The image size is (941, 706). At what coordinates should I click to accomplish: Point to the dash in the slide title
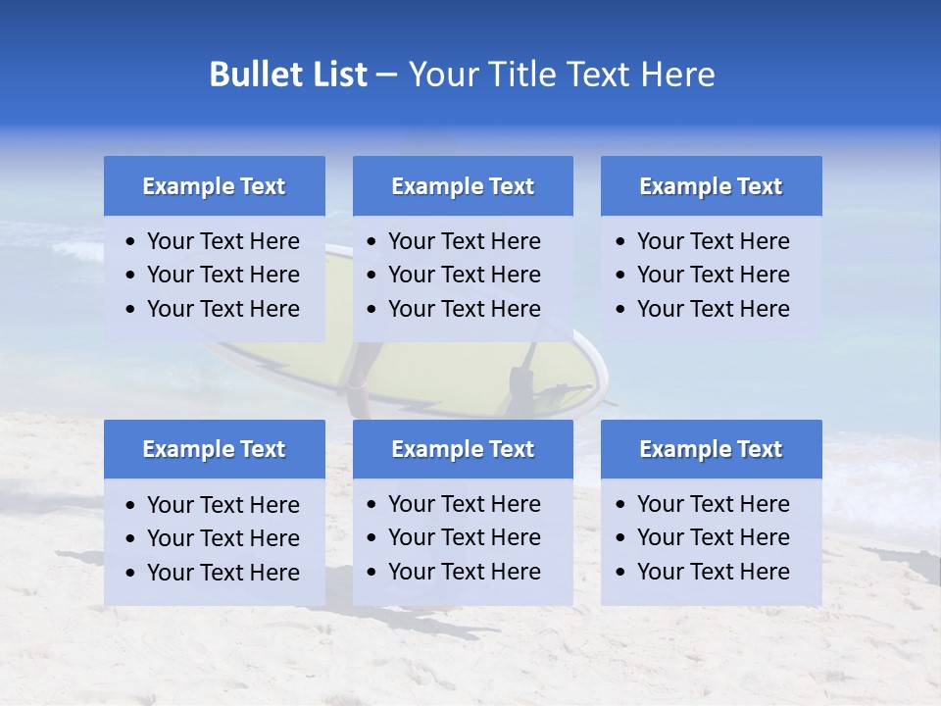(386, 75)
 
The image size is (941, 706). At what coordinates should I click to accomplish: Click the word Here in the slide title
(676, 75)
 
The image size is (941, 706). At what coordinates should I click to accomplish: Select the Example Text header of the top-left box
(214, 186)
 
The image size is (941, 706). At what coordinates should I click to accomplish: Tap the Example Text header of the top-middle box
(463, 186)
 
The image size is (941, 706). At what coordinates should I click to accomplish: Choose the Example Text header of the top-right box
(711, 186)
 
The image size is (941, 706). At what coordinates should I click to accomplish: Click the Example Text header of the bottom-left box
(214, 449)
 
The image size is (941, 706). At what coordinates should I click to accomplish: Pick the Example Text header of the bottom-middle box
(463, 449)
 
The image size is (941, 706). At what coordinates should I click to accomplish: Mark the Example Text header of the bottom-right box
(711, 449)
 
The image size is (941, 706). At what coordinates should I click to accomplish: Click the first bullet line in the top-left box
(223, 241)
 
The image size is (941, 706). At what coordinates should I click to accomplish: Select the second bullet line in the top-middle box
(464, 275)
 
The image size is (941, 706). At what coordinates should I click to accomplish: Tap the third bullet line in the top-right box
(713, 309)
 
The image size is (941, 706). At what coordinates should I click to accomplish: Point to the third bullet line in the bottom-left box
(223, 573)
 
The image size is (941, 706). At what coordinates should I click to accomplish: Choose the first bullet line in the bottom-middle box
(464, 504)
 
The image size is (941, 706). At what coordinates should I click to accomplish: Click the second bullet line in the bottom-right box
(713, 537)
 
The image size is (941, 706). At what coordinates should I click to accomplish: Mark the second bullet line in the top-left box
(223, 275)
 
